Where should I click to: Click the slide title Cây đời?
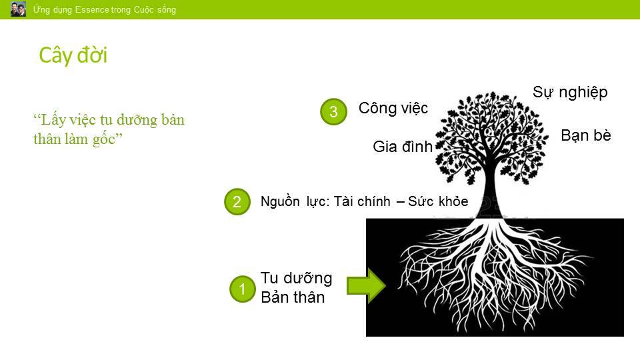pos(73,55)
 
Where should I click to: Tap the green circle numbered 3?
pos(334,111)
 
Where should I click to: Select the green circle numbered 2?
pos(237,201)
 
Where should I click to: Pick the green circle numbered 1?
pos(243,289)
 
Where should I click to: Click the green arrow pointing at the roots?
pos(366,287)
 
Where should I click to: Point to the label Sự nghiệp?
pos(570,93)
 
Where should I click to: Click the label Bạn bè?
pos(586,135)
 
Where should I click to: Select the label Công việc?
pos(393,108)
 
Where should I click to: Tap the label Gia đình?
pos(403,147)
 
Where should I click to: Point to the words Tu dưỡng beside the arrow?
pos(296,278)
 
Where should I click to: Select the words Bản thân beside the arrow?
pos(293,297)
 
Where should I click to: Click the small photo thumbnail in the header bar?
pos(18,9)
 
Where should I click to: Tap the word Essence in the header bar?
pos(92,10)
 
